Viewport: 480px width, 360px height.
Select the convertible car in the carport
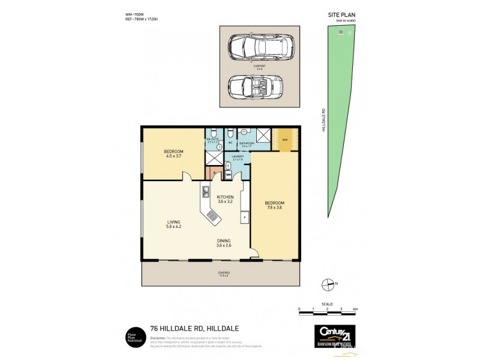(259, 86)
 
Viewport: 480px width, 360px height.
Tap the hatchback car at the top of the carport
(260, 46)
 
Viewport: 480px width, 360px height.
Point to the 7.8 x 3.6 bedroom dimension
(274, 208)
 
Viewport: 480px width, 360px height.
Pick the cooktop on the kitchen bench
(213, 215)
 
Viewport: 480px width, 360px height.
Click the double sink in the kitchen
(205, 193)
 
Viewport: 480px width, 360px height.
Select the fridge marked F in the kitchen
(245, 217)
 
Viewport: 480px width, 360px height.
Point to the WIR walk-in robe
(284, 140)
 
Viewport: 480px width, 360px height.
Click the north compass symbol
(328, 284)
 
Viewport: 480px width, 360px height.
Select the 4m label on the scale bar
(356, 309)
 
